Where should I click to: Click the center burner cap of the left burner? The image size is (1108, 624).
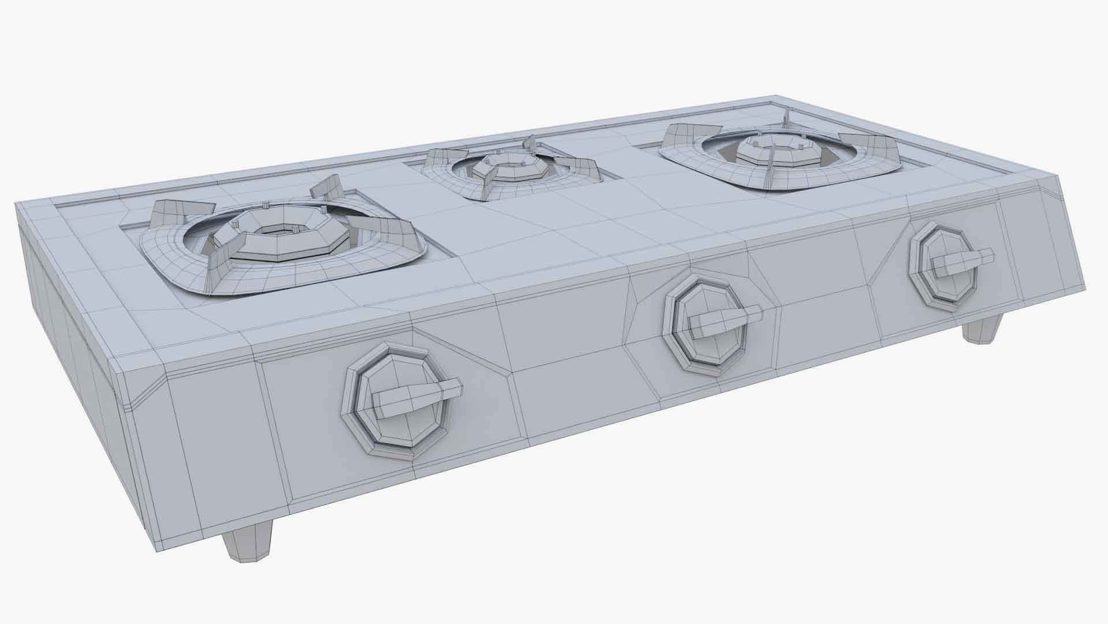283,232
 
